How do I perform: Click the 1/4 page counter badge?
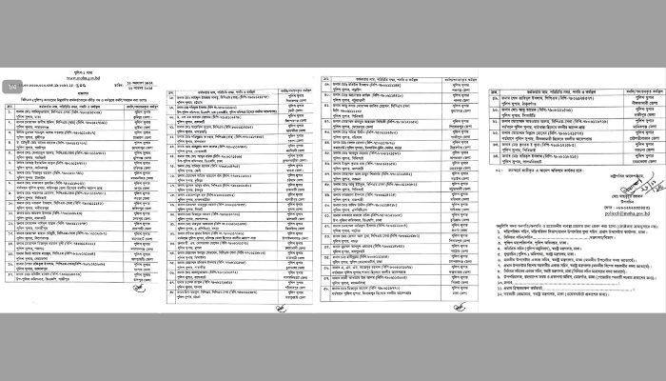(11, 89)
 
